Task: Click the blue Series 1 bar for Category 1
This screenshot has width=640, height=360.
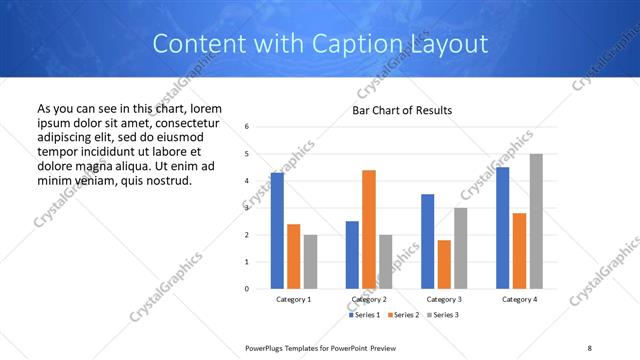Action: click(x=277, y=230)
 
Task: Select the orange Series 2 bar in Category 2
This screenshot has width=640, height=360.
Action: click(x=369, y=229)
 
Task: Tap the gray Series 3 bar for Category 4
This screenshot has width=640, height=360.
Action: click(x=536, y=221)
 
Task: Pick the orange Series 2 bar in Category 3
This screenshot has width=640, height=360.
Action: click(x=444, y=264)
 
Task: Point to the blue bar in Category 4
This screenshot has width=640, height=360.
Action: click(x=502, y=227)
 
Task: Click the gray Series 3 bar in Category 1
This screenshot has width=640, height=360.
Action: click(x=311, y=261)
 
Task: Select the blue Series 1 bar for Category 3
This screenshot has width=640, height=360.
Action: click(x=427, y=241)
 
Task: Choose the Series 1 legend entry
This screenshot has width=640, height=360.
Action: click(x=364, y=315)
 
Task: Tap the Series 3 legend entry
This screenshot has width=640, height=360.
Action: click(x=442, y=315)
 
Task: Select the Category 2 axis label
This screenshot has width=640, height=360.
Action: click(x=370, y=299)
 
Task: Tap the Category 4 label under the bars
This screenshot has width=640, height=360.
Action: click(x=519, y=299)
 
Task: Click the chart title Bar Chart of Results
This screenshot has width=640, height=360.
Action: click(x=402, y=109)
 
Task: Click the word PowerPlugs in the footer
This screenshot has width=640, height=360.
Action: click(x=269, y=347)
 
